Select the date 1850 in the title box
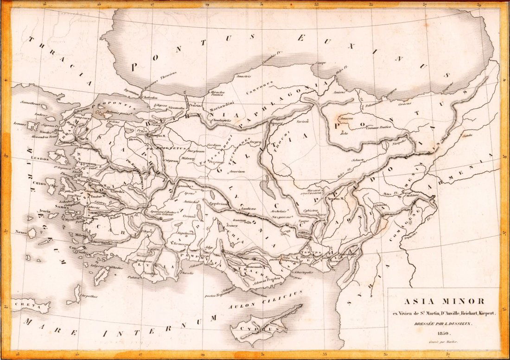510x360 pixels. click(x=441, y=333)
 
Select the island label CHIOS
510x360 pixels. click(x=39, y=183)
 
